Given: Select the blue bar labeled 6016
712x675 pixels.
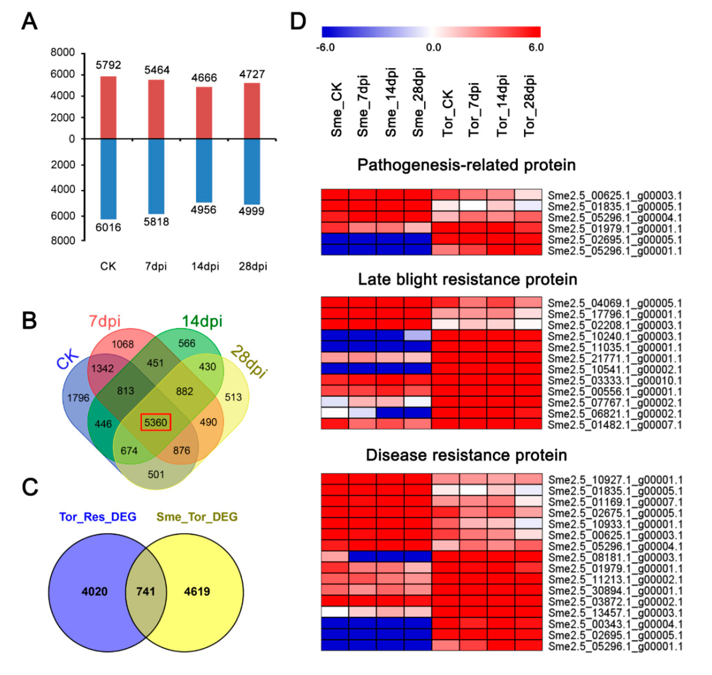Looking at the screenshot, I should [x=108, y=179].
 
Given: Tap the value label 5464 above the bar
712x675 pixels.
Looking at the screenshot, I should [x=157, y=70].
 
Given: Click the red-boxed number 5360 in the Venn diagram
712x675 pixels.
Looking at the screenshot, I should [x=155, y=422].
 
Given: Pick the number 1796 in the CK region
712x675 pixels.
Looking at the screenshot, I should [x=78, y=398].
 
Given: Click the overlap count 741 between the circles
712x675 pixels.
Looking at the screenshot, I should [x=146, y=591].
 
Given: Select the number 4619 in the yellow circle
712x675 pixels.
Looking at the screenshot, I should [x=197, y=591].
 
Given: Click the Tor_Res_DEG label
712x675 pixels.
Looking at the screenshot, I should [x=97, y=517].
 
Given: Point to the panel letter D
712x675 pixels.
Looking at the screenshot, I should [x=298, y=22].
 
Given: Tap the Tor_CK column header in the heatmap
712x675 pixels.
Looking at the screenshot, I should [x=448, y=113].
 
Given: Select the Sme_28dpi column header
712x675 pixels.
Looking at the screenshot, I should [x=418, y=102].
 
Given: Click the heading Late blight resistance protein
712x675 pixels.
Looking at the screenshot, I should [x=467, y=279].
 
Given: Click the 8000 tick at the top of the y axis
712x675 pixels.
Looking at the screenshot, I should [x=63, y=53].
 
